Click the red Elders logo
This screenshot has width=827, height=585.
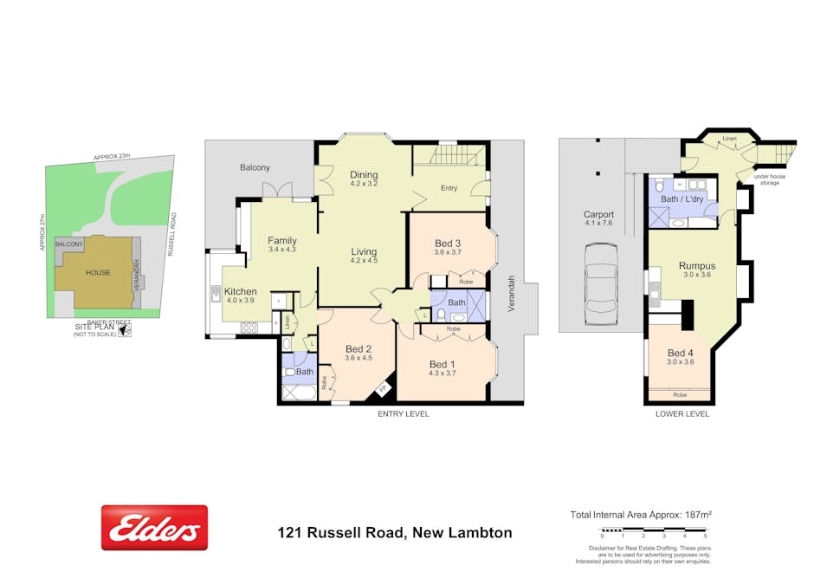154,528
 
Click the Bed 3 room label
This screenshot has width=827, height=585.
447,243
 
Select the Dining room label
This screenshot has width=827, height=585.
365,174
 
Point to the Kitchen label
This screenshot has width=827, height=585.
240,291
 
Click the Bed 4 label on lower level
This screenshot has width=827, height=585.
681,353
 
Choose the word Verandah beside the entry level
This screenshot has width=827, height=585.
512,294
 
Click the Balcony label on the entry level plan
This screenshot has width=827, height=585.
255,167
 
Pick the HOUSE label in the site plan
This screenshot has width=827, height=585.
97,272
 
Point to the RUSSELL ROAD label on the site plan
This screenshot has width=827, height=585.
172,234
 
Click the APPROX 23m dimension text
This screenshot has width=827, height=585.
112,156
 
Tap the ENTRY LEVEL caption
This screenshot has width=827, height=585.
403,414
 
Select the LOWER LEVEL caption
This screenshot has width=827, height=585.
682,414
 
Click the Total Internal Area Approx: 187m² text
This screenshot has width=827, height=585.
641,515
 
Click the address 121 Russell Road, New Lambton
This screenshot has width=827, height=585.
394,533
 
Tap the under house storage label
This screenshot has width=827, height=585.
768,179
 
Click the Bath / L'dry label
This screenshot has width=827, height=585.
682,199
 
